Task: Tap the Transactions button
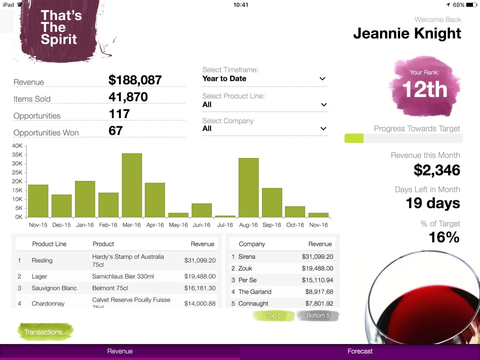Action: [x=46, y=331]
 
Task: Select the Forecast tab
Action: [x=360, y=351]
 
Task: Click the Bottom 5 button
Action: [x=318, y=315]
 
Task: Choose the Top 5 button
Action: [x=273, y=315]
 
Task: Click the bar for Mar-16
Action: [x=131, y=185]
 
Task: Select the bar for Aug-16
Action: [x=248, y=187]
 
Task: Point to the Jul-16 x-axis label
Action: [x=225, y=225]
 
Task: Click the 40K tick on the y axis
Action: [x=17, y=145]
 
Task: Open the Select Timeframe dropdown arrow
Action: [x=322, y=78]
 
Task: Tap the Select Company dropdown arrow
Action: [x=323, y=128]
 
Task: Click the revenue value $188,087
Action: [x=135, y=80]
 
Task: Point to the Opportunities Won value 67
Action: [x=116, y=131]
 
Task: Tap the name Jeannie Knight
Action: [x=407, y=33]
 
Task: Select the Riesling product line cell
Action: [x=42, y=260]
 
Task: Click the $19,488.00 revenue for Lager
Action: [x=200, y=276]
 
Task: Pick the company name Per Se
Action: [x=247, y=280]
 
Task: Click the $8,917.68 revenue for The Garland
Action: [x=319, y=291]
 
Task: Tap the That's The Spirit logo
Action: [x=61, y=28]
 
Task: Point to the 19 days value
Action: [x=433, y=203]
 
